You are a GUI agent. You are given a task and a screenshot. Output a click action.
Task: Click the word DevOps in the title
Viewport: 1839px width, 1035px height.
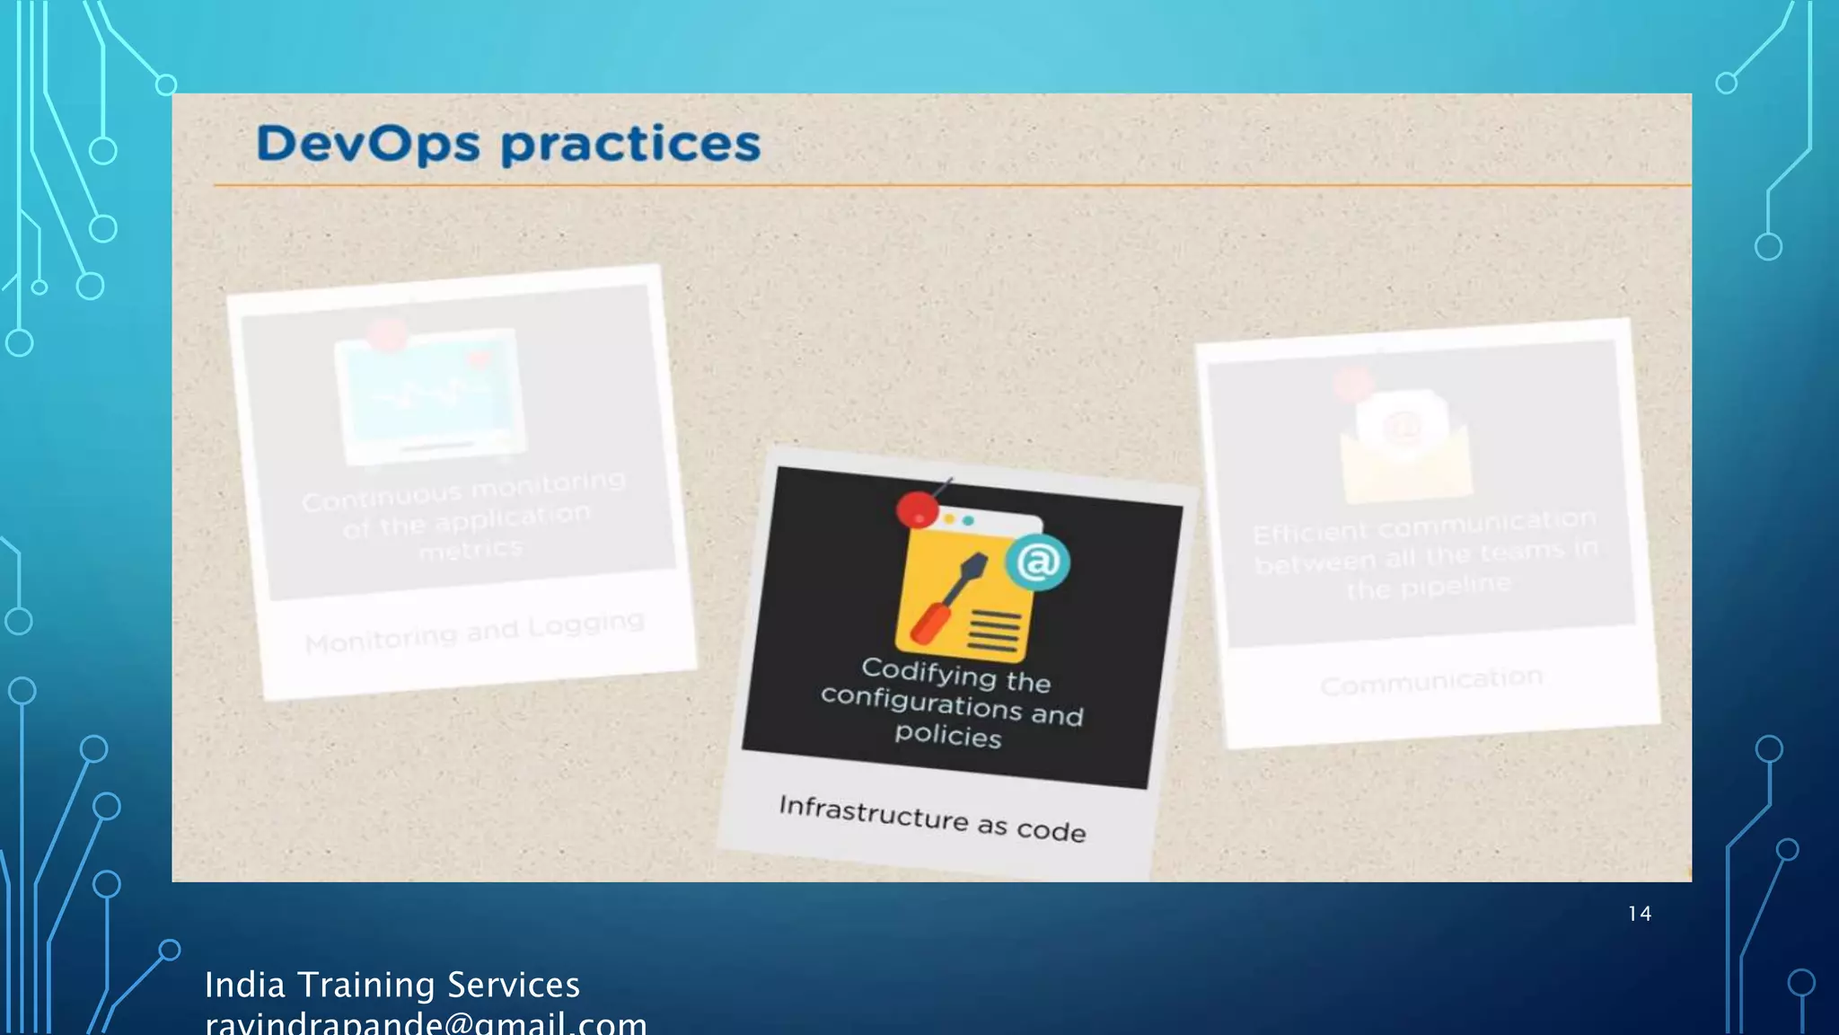tap(367, 145)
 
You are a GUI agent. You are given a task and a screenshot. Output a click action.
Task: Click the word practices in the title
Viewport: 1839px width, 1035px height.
tap(630, 145)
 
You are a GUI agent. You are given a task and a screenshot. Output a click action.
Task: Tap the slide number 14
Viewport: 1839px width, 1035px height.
tap(1639, 914)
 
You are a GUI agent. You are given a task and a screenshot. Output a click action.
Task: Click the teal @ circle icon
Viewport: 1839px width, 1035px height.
tap(1038, 562)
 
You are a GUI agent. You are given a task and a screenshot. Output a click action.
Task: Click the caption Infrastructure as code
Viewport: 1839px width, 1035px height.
tap(932, 818)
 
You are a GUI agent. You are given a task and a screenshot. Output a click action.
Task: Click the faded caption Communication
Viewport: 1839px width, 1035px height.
tap(1431, 682)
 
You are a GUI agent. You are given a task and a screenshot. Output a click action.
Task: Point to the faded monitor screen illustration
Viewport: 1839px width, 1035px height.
tap(430, 396)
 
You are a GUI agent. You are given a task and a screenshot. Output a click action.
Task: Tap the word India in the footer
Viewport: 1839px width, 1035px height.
tap(244, 986)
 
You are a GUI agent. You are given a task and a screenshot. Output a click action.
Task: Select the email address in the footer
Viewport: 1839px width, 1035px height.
tap(426, 1023)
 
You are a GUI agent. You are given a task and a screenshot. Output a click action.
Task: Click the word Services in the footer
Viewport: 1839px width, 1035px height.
tap(514, 986)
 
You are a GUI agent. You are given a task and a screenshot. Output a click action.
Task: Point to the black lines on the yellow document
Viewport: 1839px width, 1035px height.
tap(994, 632)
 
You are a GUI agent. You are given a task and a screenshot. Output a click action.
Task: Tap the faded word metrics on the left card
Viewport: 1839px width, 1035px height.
tap(471, 549)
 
